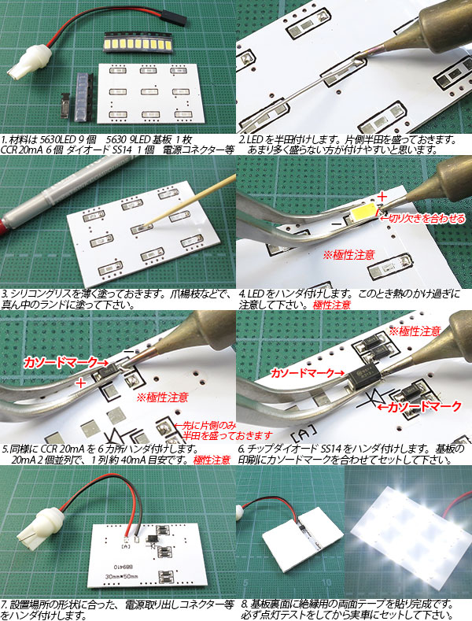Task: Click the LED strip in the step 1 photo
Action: point(138,43)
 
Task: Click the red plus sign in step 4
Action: point(382,196)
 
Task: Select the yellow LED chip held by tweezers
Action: point(363,214)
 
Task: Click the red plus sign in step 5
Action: point(81,383)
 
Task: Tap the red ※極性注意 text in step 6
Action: point(415,331)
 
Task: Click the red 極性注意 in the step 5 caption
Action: point(212,460)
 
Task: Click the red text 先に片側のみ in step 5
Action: point(205,426)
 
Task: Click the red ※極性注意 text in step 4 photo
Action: point(348,255)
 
